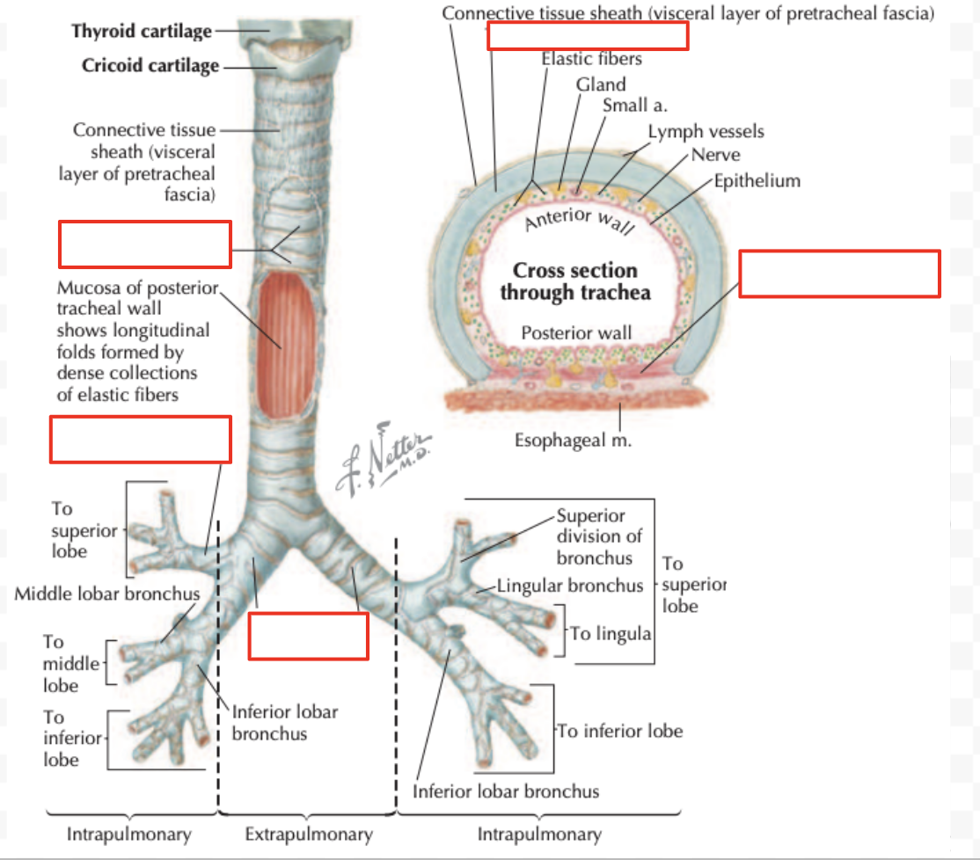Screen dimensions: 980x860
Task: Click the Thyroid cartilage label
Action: coord(142,31)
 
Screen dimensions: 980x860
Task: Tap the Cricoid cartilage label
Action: coord(150,65)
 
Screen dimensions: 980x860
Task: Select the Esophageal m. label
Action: coord(573,441)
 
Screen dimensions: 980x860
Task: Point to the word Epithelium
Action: coord(757,181)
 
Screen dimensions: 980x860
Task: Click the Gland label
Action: coord(601,84)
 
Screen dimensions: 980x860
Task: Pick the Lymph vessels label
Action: coord(706,132)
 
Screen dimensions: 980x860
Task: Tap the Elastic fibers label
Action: coord(591,59)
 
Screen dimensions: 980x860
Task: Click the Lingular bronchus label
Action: coord(570,586)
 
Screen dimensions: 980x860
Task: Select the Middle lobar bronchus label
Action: coord(106,594)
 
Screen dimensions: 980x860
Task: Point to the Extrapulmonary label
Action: coord(309,834)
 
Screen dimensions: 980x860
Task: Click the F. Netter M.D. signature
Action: coord(383,459)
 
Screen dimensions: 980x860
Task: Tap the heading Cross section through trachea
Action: coord(575,281)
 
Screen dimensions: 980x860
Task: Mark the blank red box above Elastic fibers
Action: coord(588,35)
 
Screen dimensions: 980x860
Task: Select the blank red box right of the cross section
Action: coord(839,273)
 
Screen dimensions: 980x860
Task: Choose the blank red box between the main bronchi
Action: coord(308,636)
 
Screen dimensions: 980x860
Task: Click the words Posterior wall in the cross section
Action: coord(576,333)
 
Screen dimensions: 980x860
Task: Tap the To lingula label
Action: coord(610,634)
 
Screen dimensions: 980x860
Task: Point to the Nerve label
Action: coord(715,155)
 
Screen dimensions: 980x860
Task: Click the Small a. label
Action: coord(634,106)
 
